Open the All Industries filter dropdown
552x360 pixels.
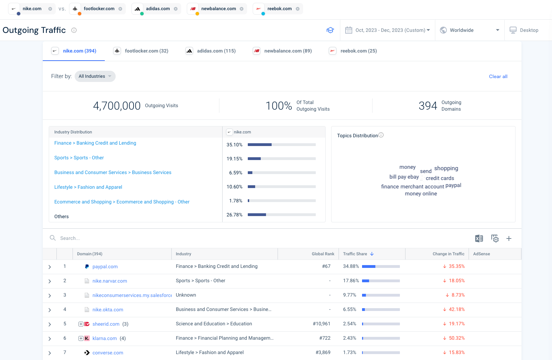[95, 76]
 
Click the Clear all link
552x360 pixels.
[498, 76]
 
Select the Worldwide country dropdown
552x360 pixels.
[469, 30]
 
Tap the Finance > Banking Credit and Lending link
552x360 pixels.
[95, 143]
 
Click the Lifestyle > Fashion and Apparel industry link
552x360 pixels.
[88, 187]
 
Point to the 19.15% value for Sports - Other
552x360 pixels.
[234, 159]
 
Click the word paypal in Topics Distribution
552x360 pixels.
[453, 185]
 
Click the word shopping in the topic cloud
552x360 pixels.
[446, 168]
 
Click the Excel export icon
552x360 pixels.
[479, 238]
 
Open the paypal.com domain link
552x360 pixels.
[105, 267]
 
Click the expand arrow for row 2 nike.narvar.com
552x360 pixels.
[50, 281]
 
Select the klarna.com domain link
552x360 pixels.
[104, 339]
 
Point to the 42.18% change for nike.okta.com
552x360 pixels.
[456, 310]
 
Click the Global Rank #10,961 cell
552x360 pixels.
[321, 324]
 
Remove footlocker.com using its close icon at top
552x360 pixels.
[120, 9]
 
